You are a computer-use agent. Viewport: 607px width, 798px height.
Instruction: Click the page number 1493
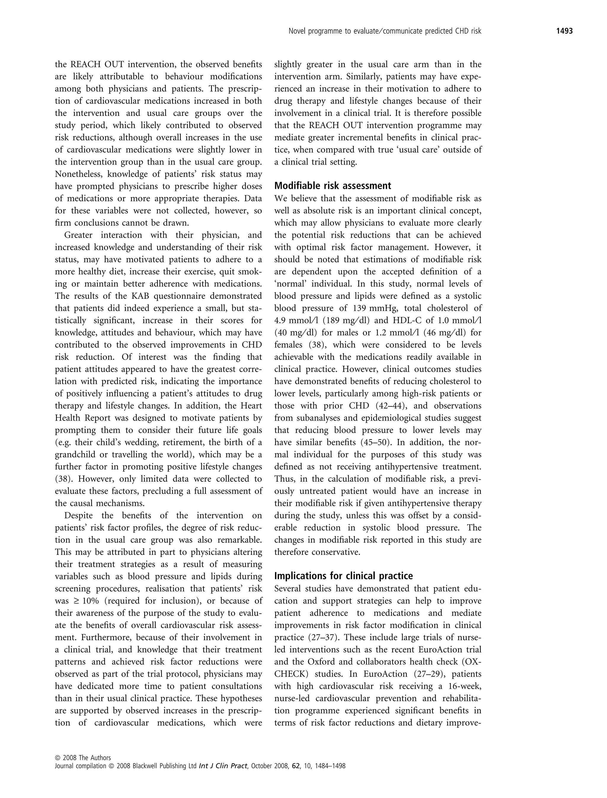564,31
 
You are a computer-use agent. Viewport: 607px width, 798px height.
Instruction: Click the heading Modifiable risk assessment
333,186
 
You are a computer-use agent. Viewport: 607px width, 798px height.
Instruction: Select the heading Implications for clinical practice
343,576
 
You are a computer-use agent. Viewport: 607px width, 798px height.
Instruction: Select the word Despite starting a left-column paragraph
78,515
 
